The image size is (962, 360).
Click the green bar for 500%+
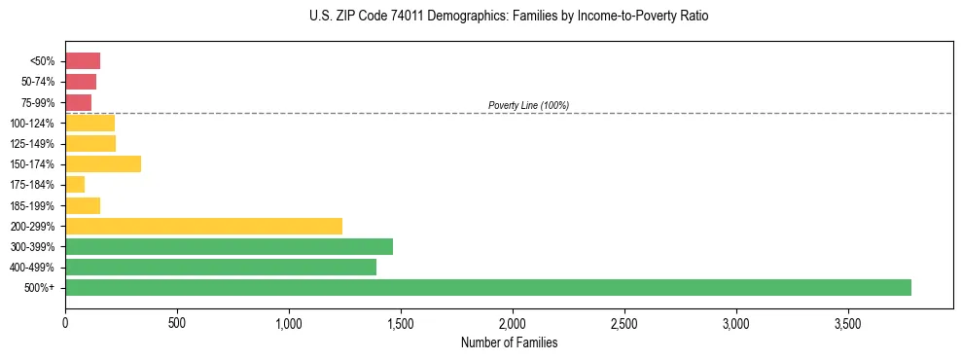[x=487, y=287]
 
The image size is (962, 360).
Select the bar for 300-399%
[x=229, y=246]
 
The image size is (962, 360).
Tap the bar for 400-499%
[x=221, y=267]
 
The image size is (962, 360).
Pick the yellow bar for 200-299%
[x=203, y=226]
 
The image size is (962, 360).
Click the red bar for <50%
[x=83, y=61]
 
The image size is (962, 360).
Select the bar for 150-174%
[x=103, y=163]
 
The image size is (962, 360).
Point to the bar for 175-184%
[x=75, y=184]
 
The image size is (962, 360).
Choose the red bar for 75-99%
[x=78, y=102]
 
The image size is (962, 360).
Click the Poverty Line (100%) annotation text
[x=528, y=105]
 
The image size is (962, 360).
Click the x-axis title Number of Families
[x=509, y=342]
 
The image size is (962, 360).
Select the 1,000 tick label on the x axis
[x=289, y=322]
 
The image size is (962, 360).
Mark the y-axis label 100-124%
[x=33, y=124]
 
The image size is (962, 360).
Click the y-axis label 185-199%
[x=33, y=205]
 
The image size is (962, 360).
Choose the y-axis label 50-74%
[x=37, y=82]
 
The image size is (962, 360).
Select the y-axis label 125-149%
[x=33, y=144]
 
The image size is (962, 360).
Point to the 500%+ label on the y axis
[x=41, y=288]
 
